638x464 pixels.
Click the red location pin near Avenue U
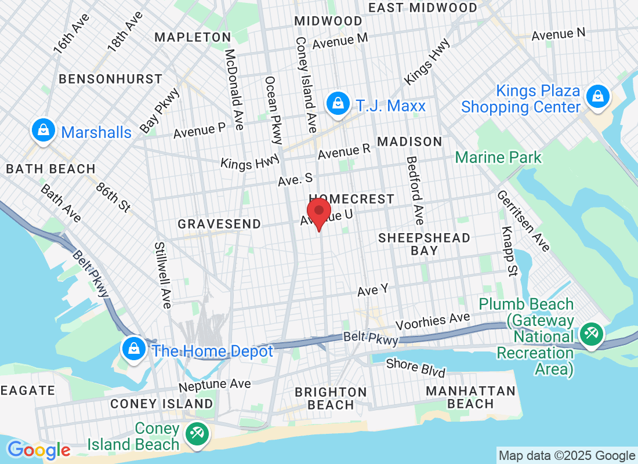(x=318, y=212)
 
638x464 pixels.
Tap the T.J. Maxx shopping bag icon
(x=336, y=104)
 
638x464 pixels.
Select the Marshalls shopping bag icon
(x=43, y=131)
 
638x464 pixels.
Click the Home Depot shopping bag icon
(x=134, y=349)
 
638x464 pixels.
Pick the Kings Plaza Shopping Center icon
(x=597, y=96)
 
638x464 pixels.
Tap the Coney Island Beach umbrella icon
(x=197, y=434)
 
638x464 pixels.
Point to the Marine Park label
(x=498, y=157)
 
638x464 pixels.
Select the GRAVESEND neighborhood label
(x=219, y=224)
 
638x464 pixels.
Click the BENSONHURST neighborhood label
(x=111, y=78)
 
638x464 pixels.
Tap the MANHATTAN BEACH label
(x=470, y=397)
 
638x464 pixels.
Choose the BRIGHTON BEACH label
(x=331, y=398)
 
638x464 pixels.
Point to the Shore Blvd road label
(x=416, y=368)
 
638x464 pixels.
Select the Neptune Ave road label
(x=215, y=385)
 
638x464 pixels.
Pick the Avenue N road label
(x=559, y=34)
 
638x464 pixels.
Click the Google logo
(x=39, y=449)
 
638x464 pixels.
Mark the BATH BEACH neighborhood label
(x=50, y=169)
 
